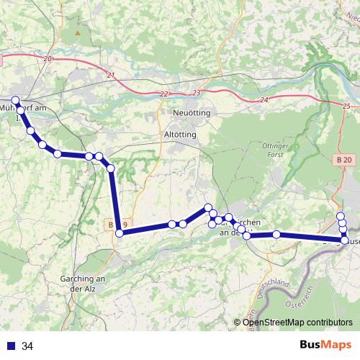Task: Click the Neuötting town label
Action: tap(192, 114)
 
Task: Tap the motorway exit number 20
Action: tap(48, 58)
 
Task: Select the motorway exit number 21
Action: tap(110, 75)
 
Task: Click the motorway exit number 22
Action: tap(165, 94)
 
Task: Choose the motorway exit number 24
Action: tap(265, 99)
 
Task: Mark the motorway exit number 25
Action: tap(346, 106)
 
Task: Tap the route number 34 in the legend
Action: tap(27, 346)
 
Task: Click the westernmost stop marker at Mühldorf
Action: tap(16, 100)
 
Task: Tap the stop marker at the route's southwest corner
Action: tap(120, 233)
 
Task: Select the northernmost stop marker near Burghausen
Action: tap(341, 216)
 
